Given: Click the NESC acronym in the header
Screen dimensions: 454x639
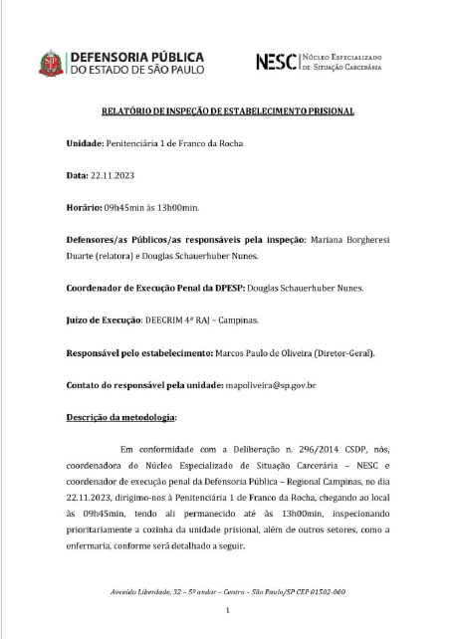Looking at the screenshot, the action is coord(276,62).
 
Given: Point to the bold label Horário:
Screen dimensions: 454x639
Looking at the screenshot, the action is coord(89,207).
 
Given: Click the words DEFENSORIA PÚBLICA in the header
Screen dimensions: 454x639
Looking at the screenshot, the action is coord(135,56).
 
